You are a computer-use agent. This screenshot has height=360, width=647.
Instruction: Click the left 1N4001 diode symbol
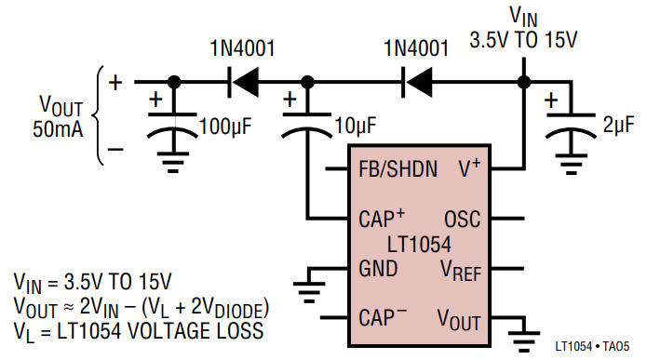tap(243, 83)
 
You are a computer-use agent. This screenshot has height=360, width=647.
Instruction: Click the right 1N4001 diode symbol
tap(415, 83)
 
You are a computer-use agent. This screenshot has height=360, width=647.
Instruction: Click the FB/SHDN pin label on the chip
tap(398, 170)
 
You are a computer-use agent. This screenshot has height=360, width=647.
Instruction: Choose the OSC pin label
tap(462, 220)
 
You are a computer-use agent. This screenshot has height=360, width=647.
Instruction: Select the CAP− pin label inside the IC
tap(383, 318)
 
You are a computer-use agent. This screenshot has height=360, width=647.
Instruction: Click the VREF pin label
tap(459, 271)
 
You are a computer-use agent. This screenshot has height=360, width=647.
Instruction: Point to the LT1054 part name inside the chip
tap(419, 246)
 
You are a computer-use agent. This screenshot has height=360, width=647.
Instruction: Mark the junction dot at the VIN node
tap(524, 83)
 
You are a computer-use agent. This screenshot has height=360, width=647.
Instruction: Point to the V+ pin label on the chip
tap(469, 169)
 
